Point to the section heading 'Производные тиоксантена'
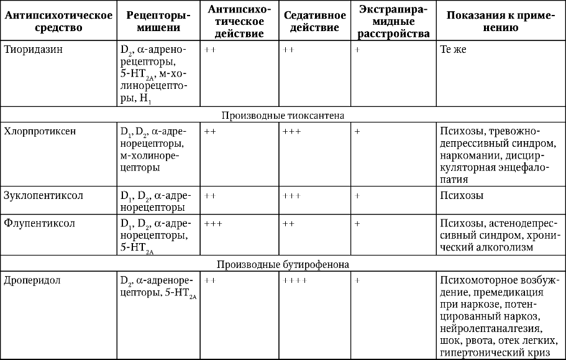click(x=283, y=115)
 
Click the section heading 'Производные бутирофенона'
click(x=283, y=264)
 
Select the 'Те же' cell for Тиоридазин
click(x=452, y=50)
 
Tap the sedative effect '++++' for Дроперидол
click(x=294, y=280)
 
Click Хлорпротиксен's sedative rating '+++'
click(x=291, y=132)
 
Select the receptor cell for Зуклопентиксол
click(x=157, y=201)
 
